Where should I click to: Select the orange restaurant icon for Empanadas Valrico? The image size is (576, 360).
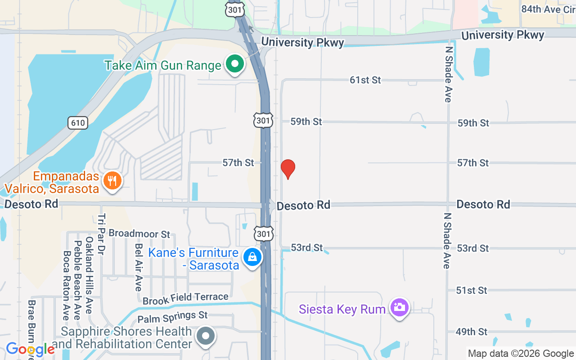[112, 181]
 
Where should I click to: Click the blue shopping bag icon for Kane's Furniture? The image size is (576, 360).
[252, 257]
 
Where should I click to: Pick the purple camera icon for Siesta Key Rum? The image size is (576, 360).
[399, 308]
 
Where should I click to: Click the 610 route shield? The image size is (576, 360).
[77, 122]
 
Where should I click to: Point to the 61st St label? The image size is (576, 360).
[365, 80]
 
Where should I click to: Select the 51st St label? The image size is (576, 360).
[471, 290]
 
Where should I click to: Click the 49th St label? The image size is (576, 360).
[471, 332]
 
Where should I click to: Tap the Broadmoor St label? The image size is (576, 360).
[139, 234]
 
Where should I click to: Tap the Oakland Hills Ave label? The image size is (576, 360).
[89, 275]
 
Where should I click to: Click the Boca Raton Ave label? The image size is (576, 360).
[67, 285]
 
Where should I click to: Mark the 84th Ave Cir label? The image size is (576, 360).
[548, 9]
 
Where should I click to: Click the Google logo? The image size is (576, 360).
[30, 349]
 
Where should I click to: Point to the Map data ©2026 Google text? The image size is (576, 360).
[521, 354]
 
